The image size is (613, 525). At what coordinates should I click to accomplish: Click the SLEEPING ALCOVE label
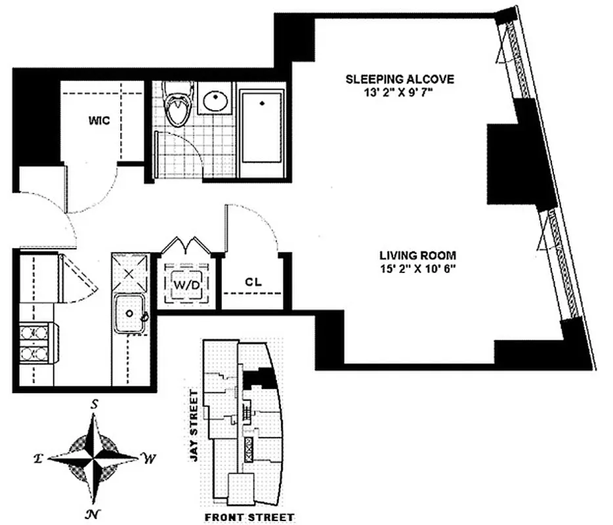tap(400, 79)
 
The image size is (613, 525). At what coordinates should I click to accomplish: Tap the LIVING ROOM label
tap(417, 255)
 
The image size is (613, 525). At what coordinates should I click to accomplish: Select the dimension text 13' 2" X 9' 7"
tap(400, 93)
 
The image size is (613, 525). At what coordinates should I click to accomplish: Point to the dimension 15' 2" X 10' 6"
tap(417, 268)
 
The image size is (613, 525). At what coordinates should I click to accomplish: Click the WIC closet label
tap(99, 121)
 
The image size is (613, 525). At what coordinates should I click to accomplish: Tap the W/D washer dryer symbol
tap(186, 284)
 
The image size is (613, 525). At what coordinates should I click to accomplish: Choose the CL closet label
tap(254, 282)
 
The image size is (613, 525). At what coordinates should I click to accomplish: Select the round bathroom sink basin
tap(215, 100)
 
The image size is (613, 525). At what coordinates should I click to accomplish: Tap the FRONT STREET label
tap(249, 517)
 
